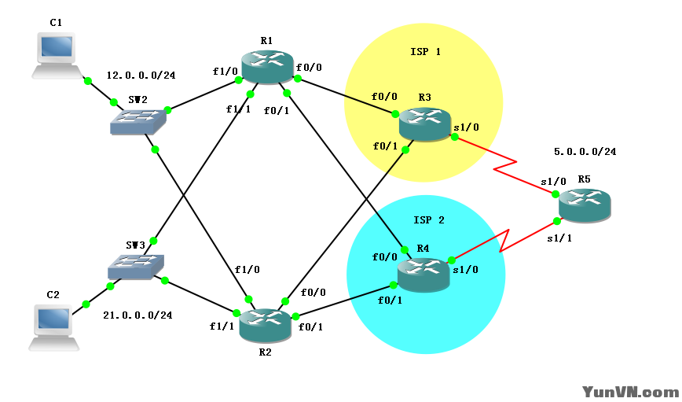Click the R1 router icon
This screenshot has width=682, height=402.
click(x=267, y=67)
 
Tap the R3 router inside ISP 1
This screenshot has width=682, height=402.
click(x=424, y=124)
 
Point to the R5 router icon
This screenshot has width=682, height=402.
click(x=585, y=205)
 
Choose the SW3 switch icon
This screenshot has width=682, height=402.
click(x=137, y=267)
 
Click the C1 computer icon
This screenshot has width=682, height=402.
click(x=57, y=55)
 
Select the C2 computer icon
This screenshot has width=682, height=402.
click(x=53, y=327)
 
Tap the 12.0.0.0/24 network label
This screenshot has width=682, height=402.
click(x=141, y=76)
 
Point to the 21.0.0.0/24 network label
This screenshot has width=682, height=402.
click(x=137, y=315)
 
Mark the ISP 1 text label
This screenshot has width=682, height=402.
click(x=426, y=52)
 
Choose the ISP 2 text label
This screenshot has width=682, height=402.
click(x=429, y=219)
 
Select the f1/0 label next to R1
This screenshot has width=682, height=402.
click(x=225, y=72)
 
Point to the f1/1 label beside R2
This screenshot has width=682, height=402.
click(x=222, y=326)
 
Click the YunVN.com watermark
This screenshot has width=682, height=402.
click(x=629, y=391)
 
